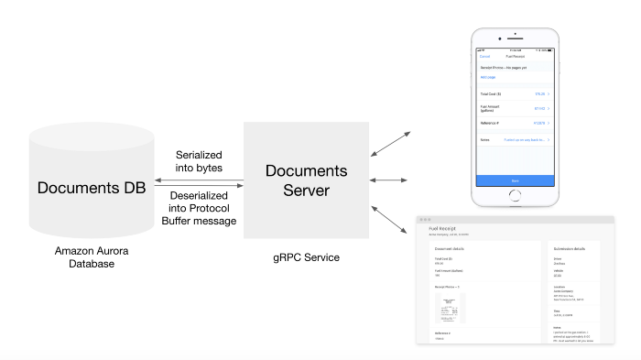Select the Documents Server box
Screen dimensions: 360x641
(x=306, y=180)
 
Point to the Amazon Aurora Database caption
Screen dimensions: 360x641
(x=92, y=256)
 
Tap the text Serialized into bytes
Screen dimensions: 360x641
(x=199, y=161)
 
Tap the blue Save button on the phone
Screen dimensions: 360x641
(x=515, y=180)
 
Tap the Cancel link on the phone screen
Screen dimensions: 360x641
(x=485, y=56)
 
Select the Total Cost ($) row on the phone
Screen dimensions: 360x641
(x=515, y=93)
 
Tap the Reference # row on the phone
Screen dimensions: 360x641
(x=515, y=123)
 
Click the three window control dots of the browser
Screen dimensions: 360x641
(x=424, y=220)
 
